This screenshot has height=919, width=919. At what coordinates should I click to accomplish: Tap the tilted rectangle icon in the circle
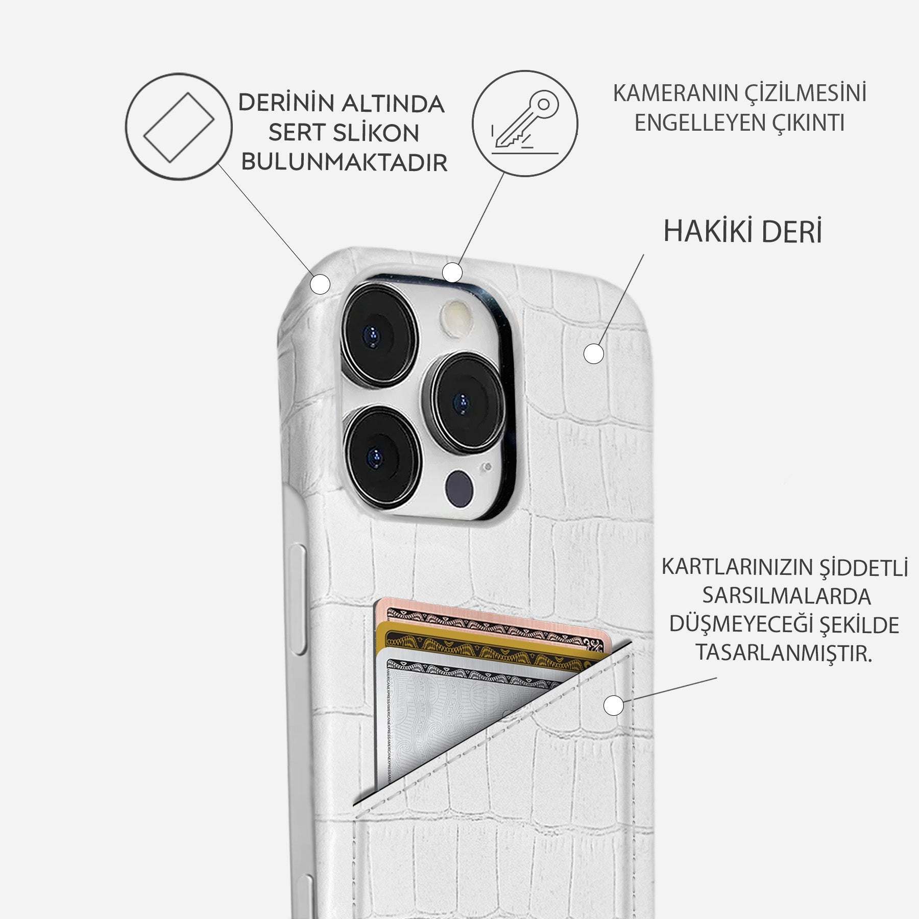[x=179, y=127]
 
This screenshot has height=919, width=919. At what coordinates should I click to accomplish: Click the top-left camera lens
[x=379, y=335]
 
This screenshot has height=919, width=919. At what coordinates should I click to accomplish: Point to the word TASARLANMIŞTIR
[x=784, y=653]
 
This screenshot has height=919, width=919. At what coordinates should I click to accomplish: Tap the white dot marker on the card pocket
[x=613, y=706]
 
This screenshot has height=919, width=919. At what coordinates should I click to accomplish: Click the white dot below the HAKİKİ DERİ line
[x=593, y=353]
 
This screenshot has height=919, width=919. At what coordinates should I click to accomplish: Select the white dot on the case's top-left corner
[x=320, y=284]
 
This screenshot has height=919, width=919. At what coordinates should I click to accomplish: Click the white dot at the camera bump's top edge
[x=452, y=272]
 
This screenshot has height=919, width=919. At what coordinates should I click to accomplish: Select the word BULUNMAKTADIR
[x=344, y=163]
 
